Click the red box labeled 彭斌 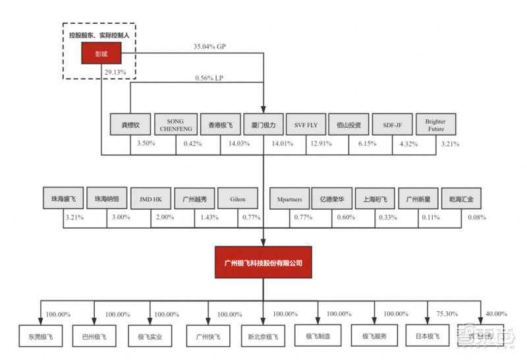coord(101,54)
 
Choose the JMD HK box coord(151,198)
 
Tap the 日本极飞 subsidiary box coord(427,336)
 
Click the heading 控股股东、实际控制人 coord(100,33)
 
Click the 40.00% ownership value coord(496,314)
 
